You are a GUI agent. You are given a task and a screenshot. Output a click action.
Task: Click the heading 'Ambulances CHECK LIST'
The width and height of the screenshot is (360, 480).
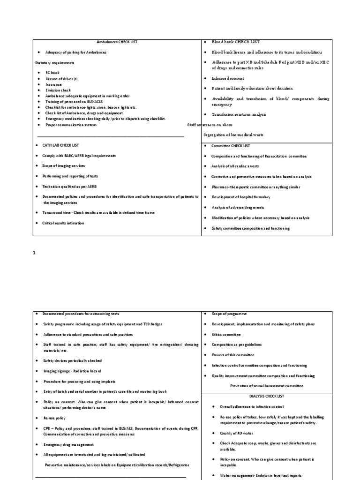[117, 42]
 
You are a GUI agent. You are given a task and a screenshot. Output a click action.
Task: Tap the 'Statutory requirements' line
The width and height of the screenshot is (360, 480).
[54, 62]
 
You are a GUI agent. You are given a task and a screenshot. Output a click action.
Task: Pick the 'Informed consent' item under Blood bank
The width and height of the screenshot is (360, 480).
[227, 78]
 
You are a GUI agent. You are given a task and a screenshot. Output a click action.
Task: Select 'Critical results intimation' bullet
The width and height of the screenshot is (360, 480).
[63, 223]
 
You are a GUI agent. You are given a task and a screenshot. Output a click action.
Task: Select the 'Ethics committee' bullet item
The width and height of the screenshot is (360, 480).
[226, 334]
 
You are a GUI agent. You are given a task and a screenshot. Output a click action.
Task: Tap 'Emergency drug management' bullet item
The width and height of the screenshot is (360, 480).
[68, 444]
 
